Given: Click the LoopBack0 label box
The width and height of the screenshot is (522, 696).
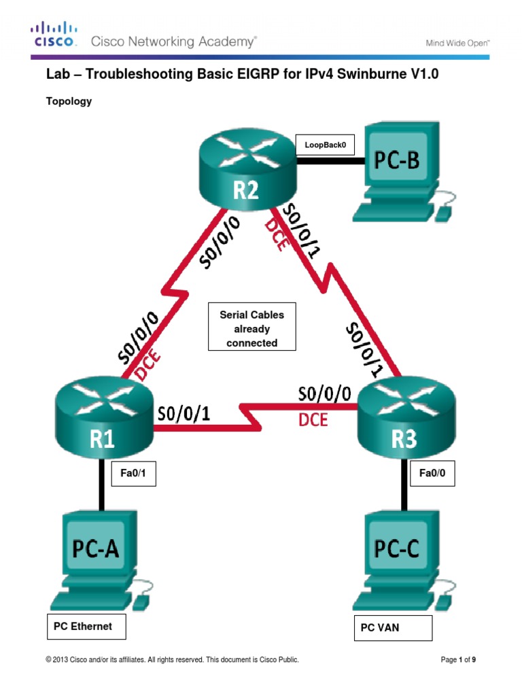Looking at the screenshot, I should coord(325,145).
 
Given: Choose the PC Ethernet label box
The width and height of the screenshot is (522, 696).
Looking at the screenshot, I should coord(86,627).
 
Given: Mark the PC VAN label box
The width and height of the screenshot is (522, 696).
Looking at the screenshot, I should coord(392,628).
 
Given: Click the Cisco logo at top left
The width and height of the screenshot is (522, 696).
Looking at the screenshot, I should coord(54,35).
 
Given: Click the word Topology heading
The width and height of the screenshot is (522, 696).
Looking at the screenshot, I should coord(69,102).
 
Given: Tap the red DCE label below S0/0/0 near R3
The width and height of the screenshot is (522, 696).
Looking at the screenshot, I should coord(313,421).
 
